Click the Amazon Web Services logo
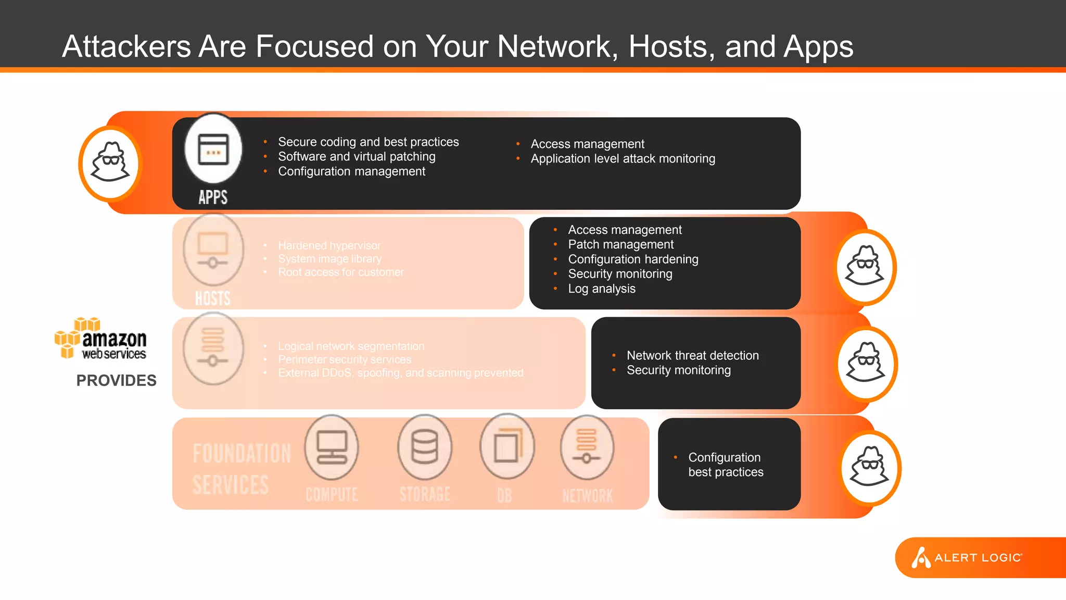pos(101,339)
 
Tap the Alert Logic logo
pos(967,557)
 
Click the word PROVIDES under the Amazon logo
pos(116,381)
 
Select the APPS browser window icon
pos(213,150)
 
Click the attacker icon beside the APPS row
pos(110,163)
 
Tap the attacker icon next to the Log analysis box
pos(865,267)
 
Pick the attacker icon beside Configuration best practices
pos(870,467)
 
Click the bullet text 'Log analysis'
pos(601,289)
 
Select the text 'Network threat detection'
pos(692,355)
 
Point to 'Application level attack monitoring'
pos(623,159)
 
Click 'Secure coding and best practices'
pos(368,142)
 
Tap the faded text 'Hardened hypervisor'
pos(329,245)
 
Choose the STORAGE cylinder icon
pos(425,447)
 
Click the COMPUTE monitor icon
pos(332,447)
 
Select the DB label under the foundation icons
pos(504,495)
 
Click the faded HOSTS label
pos(212,298)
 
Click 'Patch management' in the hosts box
pos(620,244)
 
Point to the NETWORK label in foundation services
pos(587,495)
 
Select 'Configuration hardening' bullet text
pos(633,259)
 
